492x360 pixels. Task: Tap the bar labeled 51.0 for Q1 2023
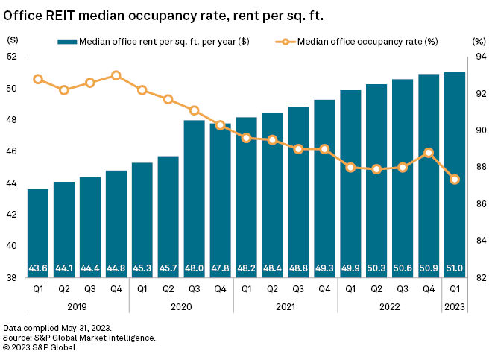pos(455,174)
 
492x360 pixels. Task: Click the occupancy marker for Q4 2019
pos(116,75)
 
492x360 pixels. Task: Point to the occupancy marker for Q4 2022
pos(429,152)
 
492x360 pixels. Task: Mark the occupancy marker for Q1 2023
pos(455,179)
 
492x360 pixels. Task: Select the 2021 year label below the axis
pos(285,306)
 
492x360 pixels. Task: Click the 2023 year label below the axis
pos(455,306)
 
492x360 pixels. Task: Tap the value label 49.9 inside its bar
pos(350,268)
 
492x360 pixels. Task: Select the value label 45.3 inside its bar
pos(142,268)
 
